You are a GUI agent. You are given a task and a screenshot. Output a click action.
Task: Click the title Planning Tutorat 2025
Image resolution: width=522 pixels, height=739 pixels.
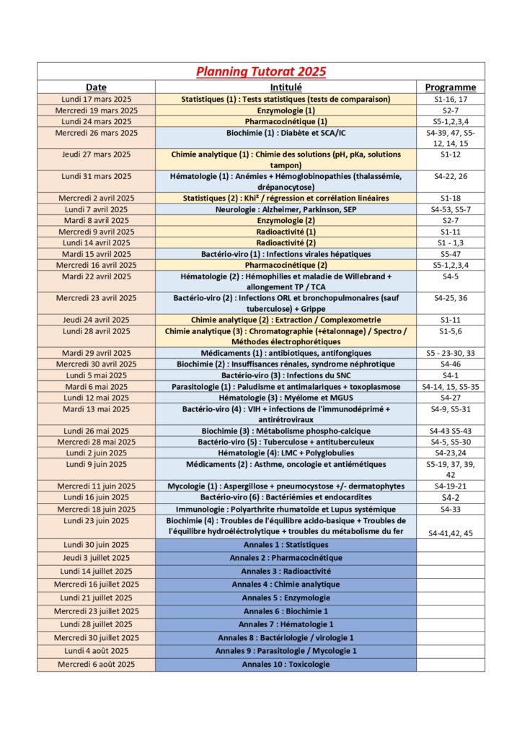click(261, 71)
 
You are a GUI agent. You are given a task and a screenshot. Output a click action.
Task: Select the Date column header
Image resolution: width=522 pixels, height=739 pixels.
click(96, 87)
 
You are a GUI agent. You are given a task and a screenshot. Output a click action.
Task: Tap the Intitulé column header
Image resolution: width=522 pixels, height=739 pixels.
click(286, 87)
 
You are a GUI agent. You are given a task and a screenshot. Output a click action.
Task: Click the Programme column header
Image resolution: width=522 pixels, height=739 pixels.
click(450, 87)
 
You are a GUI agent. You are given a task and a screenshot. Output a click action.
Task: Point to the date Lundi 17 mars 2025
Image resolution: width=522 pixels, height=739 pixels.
click(96, 99)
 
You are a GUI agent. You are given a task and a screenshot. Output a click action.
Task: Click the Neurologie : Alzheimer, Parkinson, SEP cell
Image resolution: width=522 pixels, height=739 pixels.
click(286, 209)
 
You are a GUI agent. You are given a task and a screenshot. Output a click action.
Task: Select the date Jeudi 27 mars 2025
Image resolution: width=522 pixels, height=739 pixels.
click(96, 154)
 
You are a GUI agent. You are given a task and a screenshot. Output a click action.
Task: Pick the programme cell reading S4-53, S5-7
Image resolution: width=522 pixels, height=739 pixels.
click(450, 209)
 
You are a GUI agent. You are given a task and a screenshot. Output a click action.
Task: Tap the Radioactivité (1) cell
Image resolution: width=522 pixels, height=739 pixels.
click(286, 232)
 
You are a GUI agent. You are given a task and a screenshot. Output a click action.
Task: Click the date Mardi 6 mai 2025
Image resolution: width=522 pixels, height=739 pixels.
click(96, 386)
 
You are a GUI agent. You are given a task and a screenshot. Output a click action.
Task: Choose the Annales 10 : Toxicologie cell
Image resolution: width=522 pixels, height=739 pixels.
click(286, 664)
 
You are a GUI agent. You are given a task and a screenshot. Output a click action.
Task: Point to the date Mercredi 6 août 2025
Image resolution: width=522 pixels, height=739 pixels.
click(96, 664)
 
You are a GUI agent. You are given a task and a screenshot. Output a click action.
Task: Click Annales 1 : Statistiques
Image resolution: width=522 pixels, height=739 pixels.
click(286, 545)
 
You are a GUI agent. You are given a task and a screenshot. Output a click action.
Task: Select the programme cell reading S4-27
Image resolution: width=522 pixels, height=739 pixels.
click(450, 398)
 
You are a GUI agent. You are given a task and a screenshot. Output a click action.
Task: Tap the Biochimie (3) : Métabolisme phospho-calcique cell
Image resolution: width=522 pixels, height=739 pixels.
click(286, 431)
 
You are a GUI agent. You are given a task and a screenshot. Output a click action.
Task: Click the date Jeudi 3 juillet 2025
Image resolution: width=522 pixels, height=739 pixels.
click(96, 558)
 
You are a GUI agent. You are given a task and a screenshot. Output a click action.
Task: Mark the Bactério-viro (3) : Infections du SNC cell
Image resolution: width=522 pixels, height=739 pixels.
click(286, 375)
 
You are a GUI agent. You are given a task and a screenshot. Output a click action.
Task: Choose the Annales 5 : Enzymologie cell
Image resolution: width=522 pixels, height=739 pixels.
click(286, 598)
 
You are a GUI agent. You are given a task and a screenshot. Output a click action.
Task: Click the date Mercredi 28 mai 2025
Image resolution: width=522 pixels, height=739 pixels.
click(96, 442)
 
